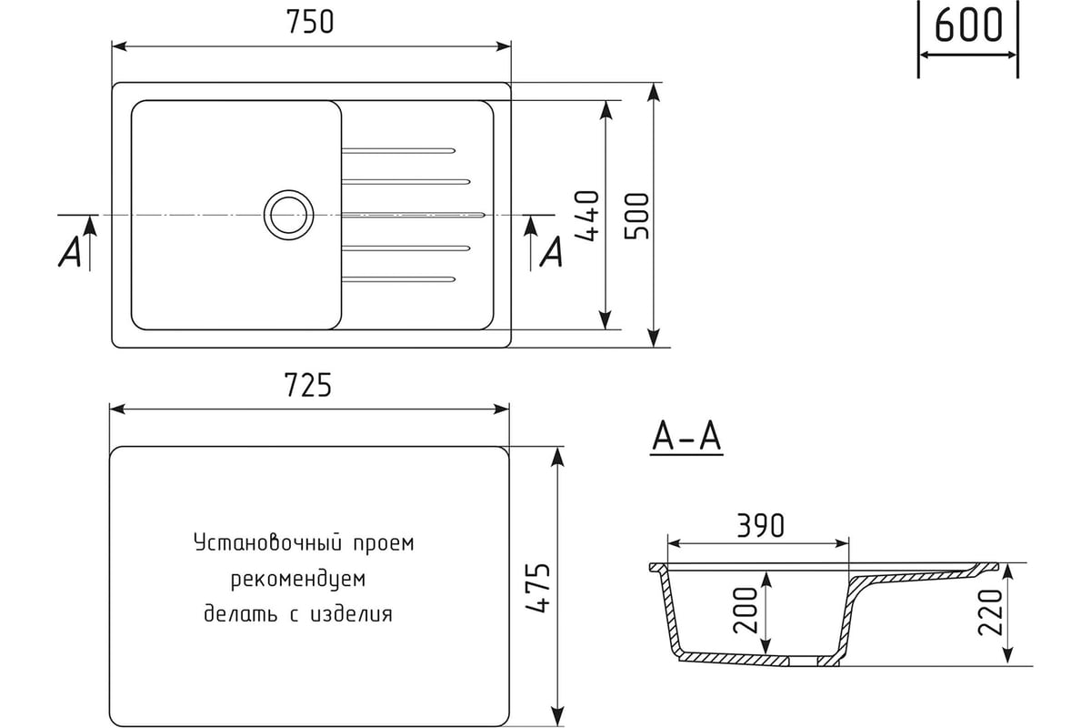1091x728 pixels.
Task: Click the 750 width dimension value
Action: tap(310, 23)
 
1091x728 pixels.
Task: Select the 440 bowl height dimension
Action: tap(587, 216)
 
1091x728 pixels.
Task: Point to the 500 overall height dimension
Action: tap(637, 216)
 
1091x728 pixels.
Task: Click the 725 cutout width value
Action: tap(308, 385)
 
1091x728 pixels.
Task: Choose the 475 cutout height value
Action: tap(538, 588)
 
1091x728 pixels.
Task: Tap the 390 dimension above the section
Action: tap(760, 525)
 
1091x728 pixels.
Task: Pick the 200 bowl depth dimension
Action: tap(746, 610)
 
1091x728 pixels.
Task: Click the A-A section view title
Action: tap(686, 438)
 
